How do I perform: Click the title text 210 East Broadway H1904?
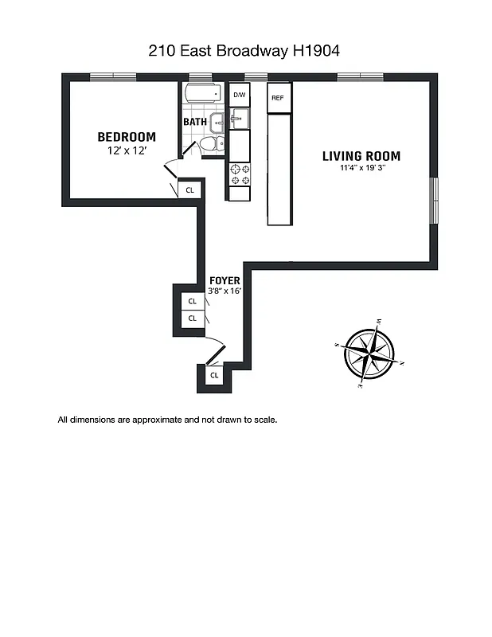click(245, 51)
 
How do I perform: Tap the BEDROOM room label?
click(127, 137)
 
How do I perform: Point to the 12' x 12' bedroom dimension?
click(127, 150)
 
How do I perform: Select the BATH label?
click(195, 122)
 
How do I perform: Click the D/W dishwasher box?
click(239, 95)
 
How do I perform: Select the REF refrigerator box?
click(277, 98)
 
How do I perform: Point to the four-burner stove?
click(240, 175)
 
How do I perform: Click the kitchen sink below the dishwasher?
click(239, 119)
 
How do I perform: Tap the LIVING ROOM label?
click(361, 156)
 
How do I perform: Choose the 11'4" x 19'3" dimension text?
click(361, 168)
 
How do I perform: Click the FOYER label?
click(225, 281)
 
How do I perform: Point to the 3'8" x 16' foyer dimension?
click(225, 291)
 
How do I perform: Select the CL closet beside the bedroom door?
click(189, 190)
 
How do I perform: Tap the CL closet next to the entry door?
click(213, 375)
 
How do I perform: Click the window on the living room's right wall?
click(434, 200)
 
